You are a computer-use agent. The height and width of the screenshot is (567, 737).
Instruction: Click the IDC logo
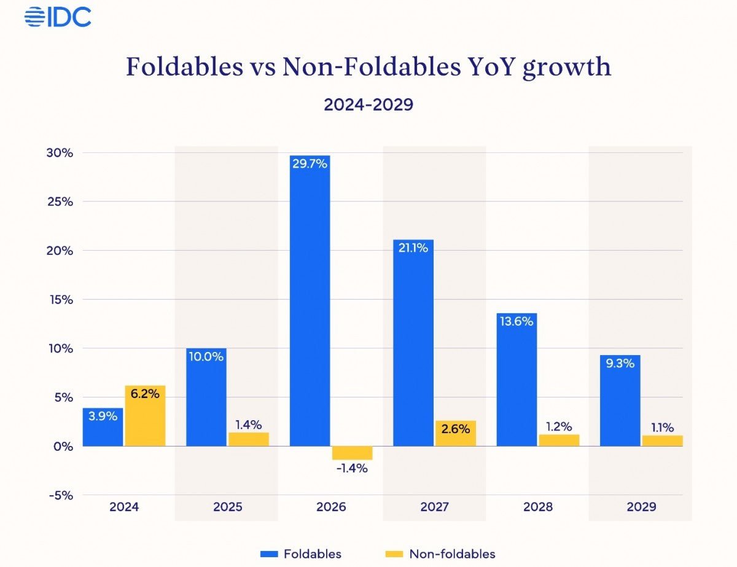(x=58, y=17)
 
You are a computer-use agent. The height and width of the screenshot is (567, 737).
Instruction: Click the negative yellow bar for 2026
(x=352, y=453)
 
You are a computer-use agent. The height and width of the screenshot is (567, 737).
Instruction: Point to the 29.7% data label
(x=310, y=165)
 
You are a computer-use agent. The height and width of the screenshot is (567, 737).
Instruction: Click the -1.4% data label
(x=352, y=469)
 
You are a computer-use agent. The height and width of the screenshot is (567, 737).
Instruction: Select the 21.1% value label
(x=413, y=248)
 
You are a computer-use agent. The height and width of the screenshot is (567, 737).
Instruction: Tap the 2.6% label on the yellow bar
(x=455, y=429)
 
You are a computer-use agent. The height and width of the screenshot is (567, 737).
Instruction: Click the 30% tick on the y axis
(x=60, y=153)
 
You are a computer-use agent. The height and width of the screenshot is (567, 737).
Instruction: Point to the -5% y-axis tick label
(x=60, y=495)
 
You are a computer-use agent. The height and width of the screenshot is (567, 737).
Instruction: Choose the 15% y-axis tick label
(x=60, y=300)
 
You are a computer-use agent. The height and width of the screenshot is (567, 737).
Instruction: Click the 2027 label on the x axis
(x=434, y=507)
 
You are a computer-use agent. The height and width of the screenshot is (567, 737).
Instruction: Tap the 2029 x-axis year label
(x=641, y=507)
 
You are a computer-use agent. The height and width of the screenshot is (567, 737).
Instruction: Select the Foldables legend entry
(x=301, y=553)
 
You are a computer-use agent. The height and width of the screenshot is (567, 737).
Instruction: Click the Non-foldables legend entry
(x=441, y=553)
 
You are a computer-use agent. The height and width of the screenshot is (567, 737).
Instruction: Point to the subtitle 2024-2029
(x=368, y=104)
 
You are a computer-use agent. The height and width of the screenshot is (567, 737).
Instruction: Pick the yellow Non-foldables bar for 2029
(x=662, y=440)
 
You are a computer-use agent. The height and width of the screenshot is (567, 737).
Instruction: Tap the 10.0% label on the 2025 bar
(x=206, y=356)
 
